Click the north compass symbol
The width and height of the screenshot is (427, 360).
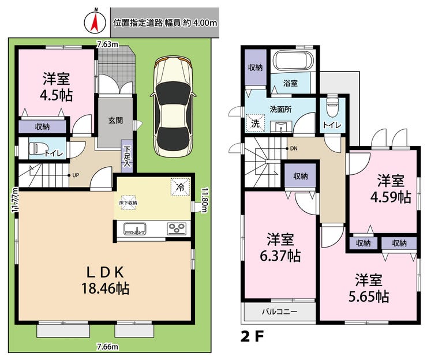pos(95,22)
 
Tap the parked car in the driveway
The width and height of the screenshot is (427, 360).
pos(173,107)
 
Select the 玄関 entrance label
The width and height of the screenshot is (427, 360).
pos(115,121)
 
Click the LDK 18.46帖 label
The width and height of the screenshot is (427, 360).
pos(106,280)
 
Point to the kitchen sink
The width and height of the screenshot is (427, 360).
pos(135,228)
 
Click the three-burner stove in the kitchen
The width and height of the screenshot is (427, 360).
pos(177,228)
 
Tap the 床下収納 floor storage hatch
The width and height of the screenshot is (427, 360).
pos(128,202)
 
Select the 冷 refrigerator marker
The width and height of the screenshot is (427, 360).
pos(179,187)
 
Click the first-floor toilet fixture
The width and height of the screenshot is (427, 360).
pos(36,149)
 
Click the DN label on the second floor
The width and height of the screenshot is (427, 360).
pos(294,148)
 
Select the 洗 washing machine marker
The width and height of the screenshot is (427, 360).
pos(255,123)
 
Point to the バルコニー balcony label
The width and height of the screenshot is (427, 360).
pos(280,312)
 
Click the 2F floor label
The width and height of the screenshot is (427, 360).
pos(252,337)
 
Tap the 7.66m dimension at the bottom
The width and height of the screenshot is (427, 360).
pos(107,347)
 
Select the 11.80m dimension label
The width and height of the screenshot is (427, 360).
pos(204,200)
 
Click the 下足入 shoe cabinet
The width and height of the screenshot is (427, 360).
pos(127,156)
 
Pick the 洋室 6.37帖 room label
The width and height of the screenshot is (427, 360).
pos(280,247)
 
